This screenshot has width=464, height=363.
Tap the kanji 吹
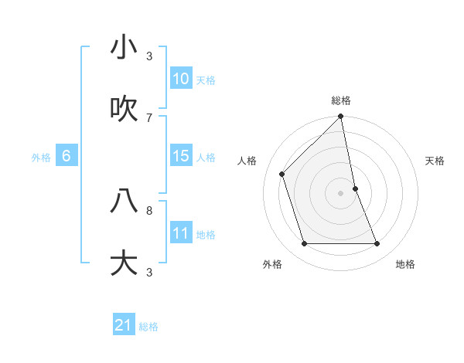pyautogui.click(x=124, y=110)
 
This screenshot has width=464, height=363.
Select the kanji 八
pyautogui.click(x=124, y=201)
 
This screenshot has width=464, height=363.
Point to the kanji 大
pyautogui.click(x=124, y=263)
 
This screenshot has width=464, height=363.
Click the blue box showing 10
pyautogui.click(x=181, y=79)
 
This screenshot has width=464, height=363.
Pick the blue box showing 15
pyautogui.click(x=181, y=156)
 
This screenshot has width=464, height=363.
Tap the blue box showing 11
pyautogui.click(x=181, y=233)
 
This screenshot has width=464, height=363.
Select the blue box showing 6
pyautogui.click(x=67, y=156)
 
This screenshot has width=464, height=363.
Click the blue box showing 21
pyautogui.click(x=124, y=325)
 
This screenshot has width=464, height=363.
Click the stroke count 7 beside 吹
pyautogui.click(x=149, y=117)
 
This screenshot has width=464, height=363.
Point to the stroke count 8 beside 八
pyautogui.click(x=149, y=209)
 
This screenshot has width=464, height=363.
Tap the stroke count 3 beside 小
pyautogui.click(x=149, y=56)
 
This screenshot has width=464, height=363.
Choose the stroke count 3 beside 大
pyautogui.click(x=149, y=272)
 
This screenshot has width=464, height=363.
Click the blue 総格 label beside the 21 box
pyautogui.click(x=148, y=327)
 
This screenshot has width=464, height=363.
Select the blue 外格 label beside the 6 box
pyautogui.click(x=41, y=158)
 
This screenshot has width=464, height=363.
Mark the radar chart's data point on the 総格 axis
pyautogui.click(x=341, y=117)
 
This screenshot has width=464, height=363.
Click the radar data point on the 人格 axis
pyautogui.click(x=282, y=174)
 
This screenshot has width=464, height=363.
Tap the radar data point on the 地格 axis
pyautogui.click(x=377, y=243)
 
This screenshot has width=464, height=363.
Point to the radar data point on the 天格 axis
pyautogui.click(x=355, y=188)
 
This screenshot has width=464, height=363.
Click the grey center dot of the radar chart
pyautogui.click(x=341, y=193)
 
